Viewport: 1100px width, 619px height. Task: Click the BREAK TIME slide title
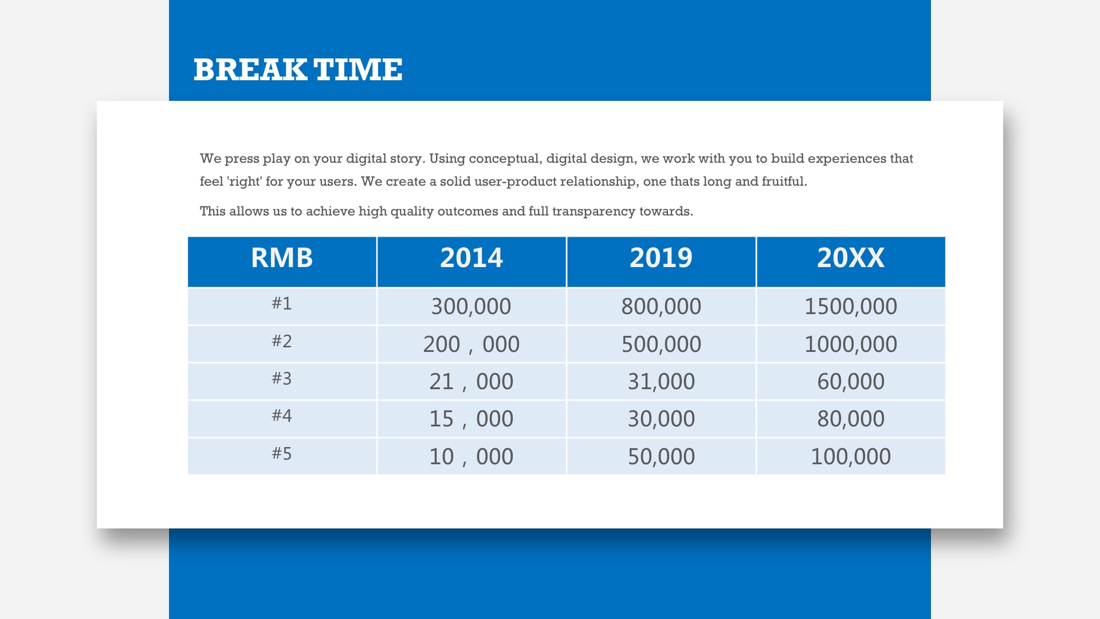pos(298,69)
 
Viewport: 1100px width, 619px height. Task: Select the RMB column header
pos(282,258)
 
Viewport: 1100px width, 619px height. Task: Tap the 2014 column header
pos(472,258)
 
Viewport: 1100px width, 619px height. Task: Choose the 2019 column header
pos(661,258)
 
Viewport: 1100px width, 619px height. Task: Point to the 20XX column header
pos(851,258)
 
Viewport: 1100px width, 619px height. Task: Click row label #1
pos(282,303)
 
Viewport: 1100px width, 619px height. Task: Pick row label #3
pos(282,378)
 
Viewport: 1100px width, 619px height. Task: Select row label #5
pos(282,453)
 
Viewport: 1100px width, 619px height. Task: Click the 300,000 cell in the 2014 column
pos(471,307)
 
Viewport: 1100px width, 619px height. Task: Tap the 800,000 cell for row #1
pos(661,307)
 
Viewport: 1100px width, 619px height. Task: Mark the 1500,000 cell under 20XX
pos(851,307)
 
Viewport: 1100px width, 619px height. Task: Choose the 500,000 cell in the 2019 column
pos(661,344)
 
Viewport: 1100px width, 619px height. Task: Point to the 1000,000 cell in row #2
pos(851,344)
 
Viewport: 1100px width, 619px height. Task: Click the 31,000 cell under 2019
pos(661,382)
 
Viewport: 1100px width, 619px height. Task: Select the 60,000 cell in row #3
pos(851,382)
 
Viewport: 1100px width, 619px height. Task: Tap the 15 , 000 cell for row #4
pos(471,419)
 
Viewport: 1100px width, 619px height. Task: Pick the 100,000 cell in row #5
pos(851,457)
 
